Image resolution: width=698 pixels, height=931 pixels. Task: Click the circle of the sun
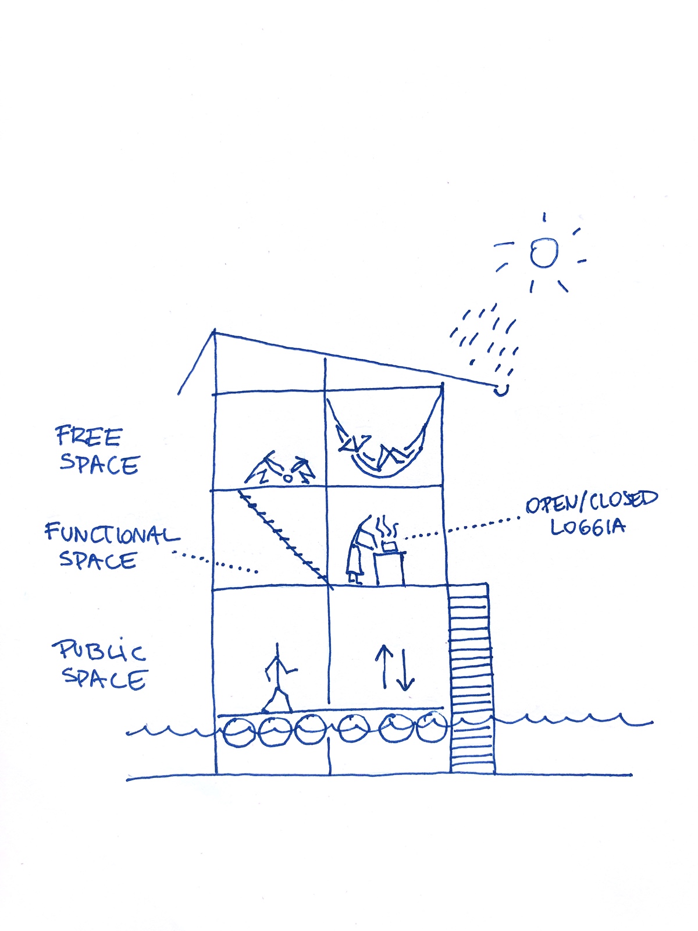coord(544,253)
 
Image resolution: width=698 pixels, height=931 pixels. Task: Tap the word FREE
coord(88,436)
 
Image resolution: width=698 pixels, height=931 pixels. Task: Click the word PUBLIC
coord(99,651)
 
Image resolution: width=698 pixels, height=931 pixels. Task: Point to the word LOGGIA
coord(587,527)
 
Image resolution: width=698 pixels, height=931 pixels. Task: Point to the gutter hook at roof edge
coord(501,390)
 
